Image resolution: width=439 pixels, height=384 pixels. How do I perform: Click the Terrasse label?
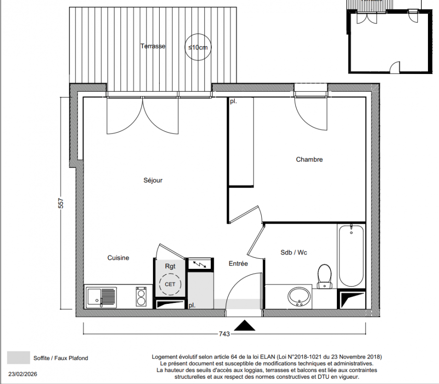(152, 46)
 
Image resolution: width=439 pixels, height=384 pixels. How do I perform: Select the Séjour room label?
(153, 180)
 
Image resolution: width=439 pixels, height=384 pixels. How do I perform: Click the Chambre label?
(310, 159)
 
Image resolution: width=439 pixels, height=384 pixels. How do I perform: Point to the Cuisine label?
(118, 258)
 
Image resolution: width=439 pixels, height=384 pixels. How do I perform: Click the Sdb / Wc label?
(294, 252)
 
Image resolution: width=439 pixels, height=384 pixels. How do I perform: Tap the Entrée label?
(238, 264)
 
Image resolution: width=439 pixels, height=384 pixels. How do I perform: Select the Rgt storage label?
(170, 266)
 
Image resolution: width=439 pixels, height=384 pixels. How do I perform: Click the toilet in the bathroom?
(324, 276)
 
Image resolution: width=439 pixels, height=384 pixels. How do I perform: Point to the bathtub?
(351, 255)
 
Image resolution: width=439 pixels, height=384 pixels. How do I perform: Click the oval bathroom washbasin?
(299, 297)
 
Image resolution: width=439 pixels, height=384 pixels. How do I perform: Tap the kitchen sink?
(101, 297)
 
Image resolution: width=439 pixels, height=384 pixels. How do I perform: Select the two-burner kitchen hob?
(141, 297)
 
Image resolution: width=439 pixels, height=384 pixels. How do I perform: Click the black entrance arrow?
(244, 325)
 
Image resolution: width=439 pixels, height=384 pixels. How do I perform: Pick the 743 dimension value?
(224, 334)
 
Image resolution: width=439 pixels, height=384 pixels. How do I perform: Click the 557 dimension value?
(61, 203)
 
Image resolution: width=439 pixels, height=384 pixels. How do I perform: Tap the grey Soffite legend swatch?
(19, 358)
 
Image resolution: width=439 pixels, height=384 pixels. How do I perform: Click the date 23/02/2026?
(23, 374)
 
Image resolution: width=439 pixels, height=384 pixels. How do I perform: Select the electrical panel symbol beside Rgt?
(200, 264)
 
